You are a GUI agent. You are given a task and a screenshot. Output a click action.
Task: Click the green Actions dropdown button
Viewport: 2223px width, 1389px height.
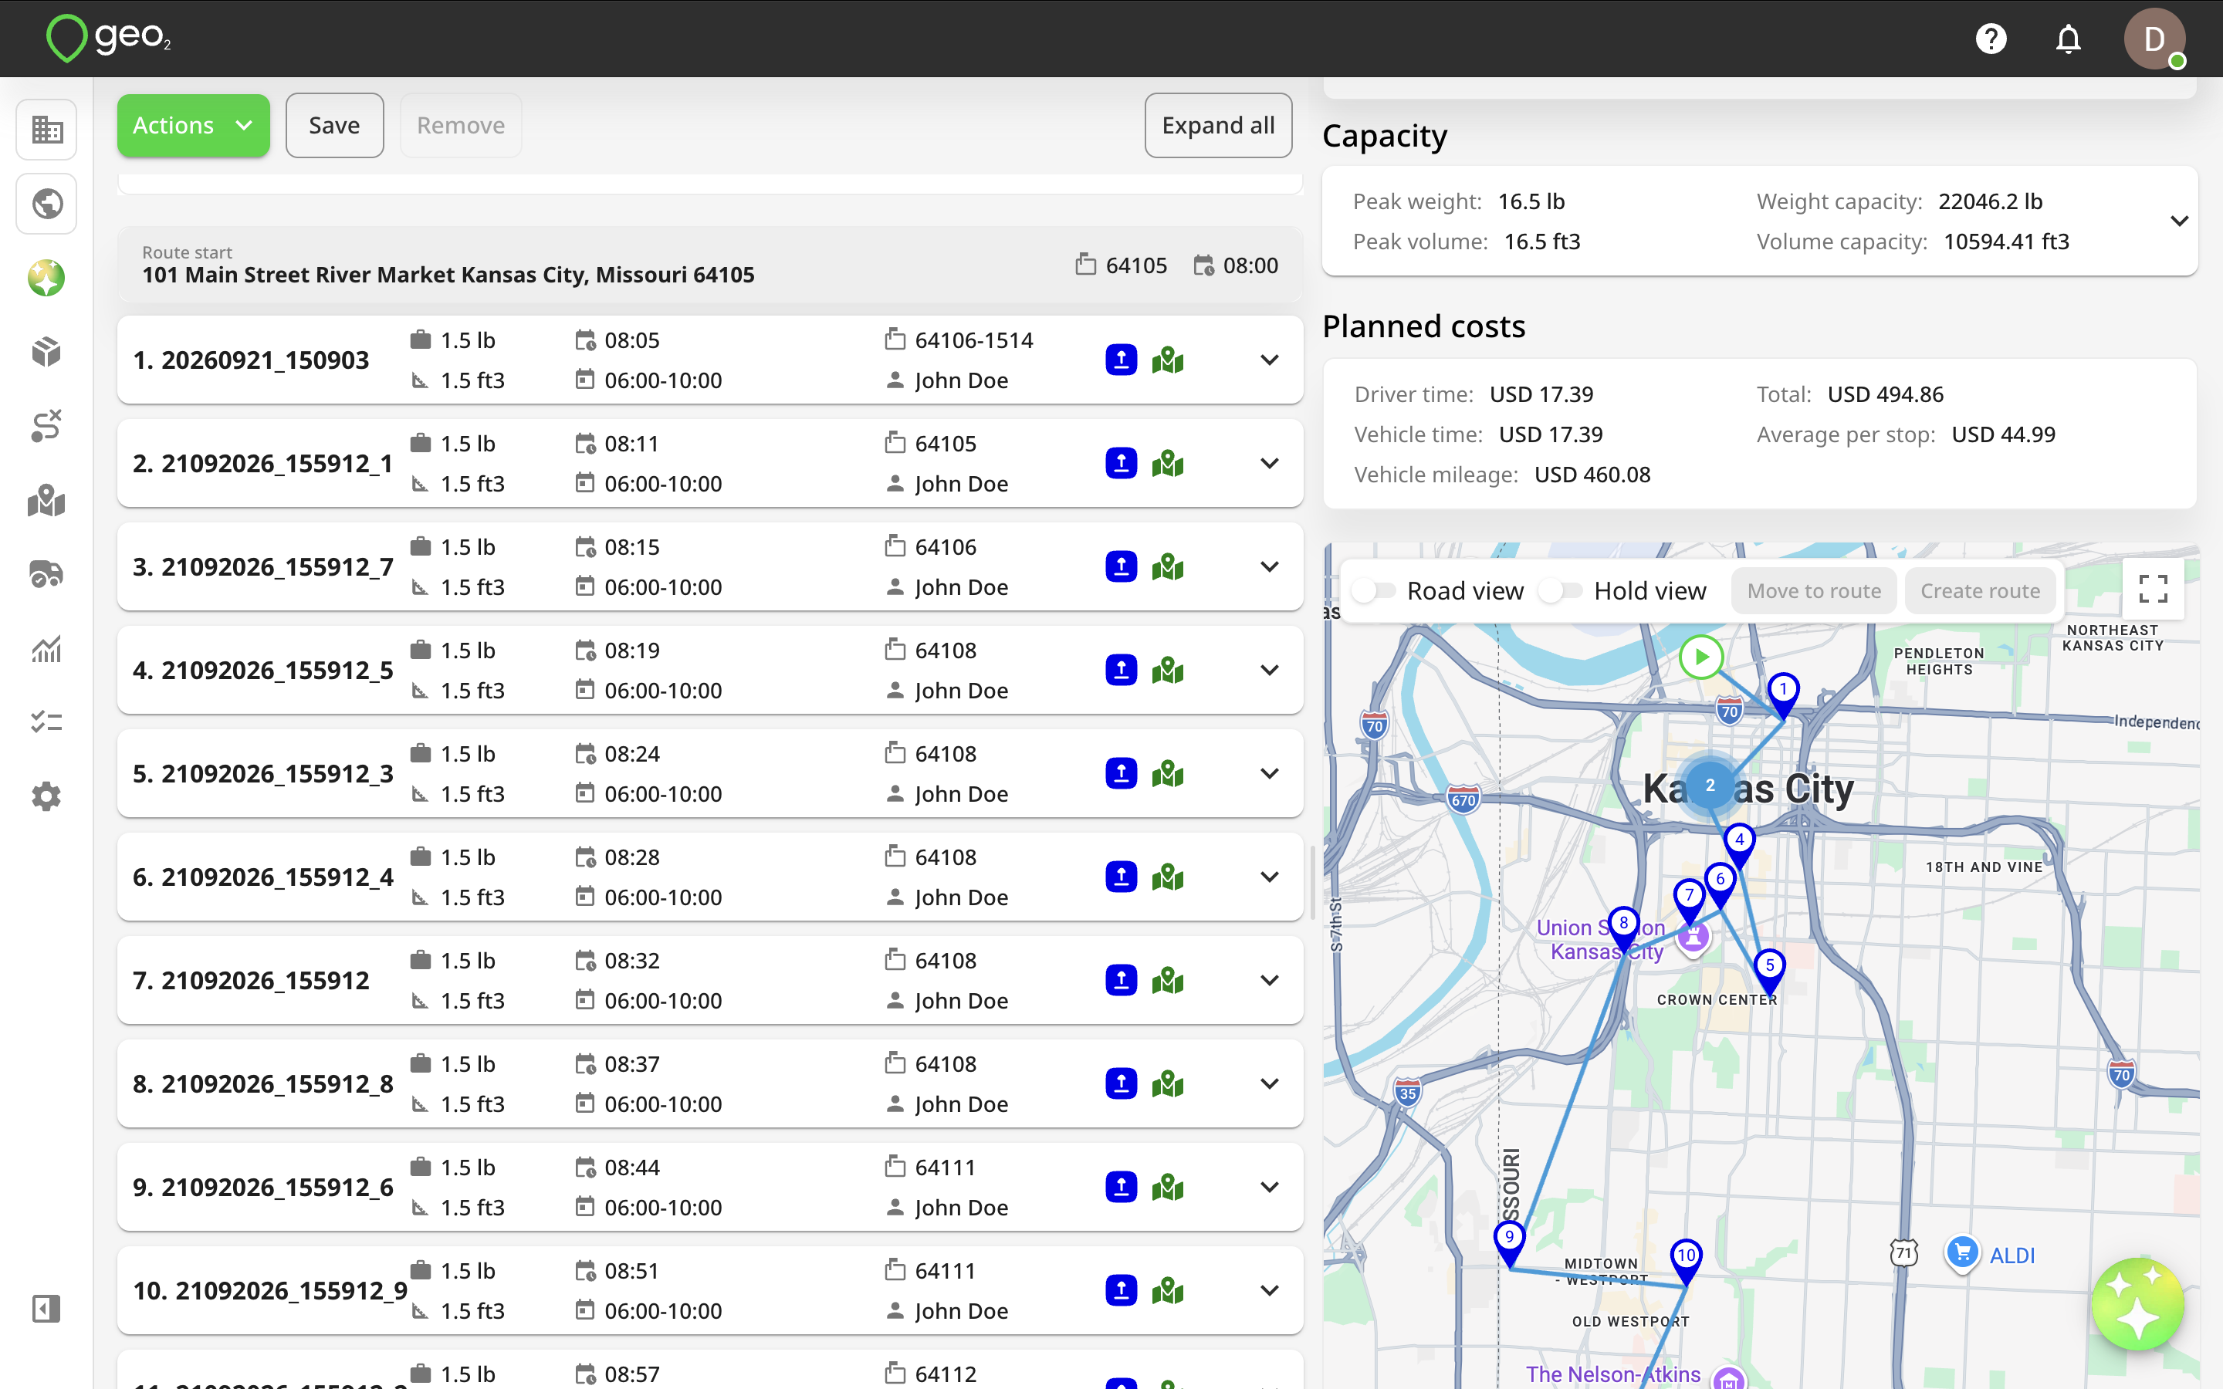193,126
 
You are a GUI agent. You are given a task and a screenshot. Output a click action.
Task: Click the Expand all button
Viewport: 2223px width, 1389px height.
1218,126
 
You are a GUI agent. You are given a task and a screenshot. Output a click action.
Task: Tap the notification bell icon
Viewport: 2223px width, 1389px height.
2068,39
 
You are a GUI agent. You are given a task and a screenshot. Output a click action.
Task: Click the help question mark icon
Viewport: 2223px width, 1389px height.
1991,39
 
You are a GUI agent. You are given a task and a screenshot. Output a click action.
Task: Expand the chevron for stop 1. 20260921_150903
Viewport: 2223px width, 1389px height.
1270,360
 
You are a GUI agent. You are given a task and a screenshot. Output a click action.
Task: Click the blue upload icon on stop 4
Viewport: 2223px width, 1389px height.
1121,671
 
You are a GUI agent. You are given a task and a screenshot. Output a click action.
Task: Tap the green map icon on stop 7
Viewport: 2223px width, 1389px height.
1168,980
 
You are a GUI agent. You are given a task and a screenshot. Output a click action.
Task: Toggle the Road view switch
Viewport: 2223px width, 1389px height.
1373,590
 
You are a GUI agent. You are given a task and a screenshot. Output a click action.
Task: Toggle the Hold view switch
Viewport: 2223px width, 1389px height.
1561,590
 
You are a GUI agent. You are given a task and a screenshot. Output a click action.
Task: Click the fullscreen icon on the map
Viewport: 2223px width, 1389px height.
2154,589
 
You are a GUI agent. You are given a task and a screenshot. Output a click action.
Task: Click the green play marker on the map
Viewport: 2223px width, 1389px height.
1701,657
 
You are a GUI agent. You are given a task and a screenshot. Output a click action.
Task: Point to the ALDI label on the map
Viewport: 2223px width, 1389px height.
2012,1255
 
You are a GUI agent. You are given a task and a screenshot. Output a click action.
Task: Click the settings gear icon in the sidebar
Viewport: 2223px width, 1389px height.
46,796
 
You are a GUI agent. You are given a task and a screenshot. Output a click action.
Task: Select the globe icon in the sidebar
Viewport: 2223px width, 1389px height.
47,203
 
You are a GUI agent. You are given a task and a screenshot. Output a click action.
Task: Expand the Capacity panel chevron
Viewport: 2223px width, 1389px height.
2179,221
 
